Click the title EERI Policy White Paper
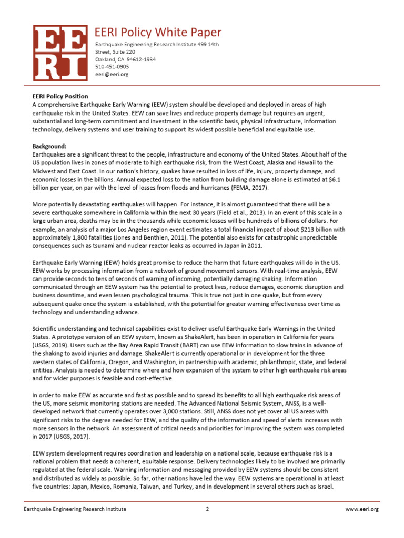point(158,32)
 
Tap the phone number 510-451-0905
point(112,67)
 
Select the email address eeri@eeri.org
point(112,75)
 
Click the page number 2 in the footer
point(207,509)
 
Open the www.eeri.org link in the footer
point(362,509)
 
